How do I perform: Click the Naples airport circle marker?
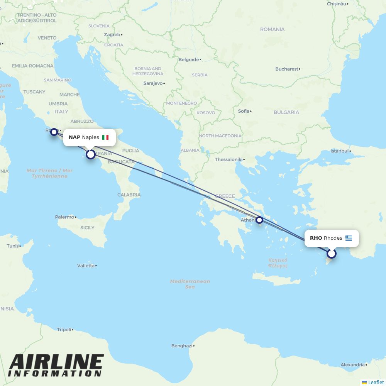tap(90, 154)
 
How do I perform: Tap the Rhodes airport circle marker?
tap(332, 254)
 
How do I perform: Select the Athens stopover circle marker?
tap(259, 220)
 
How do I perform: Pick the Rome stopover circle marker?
tap(54, 132)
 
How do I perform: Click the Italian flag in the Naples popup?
tap(105, 137)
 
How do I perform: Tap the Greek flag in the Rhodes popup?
tap(349, 238)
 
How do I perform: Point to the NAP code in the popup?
tap(74, 137)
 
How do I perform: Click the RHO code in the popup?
tap(316, 238)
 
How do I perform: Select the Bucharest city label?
tap(287, 69)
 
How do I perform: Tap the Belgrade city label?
tap(189, 60)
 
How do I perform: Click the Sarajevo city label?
tap(153, 83)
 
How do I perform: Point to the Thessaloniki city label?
tap(229, 159)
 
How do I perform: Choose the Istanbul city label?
tap(340, 151)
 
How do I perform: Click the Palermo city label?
tap(64, 217)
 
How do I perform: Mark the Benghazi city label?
tap(182, 346)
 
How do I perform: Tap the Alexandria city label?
tap(352, 365)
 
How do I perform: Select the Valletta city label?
tap(86, 266)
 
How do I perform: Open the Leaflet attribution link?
tap(376, 382)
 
